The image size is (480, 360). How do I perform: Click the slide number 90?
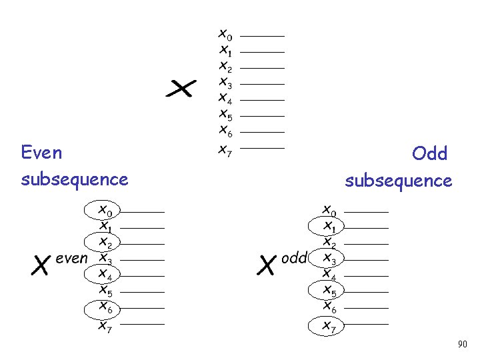click(462, 345)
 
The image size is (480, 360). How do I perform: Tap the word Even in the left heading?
click(41, 153)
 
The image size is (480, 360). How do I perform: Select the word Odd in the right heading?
click(429, 153)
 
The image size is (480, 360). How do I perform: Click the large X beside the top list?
click(181, 89)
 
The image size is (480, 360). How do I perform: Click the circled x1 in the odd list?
click(329, 227)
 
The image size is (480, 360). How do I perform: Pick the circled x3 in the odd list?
click(329, 258)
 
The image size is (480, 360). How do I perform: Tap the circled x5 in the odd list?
click(329, 291)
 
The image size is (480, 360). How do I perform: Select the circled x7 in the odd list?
click(329, 325)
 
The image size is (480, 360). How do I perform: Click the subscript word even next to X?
click(72, 258)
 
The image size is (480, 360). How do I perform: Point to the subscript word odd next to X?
click(294, 258)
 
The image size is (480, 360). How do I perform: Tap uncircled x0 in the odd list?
click(329, 211)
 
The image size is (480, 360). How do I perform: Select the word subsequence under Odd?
click(399, 181)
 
